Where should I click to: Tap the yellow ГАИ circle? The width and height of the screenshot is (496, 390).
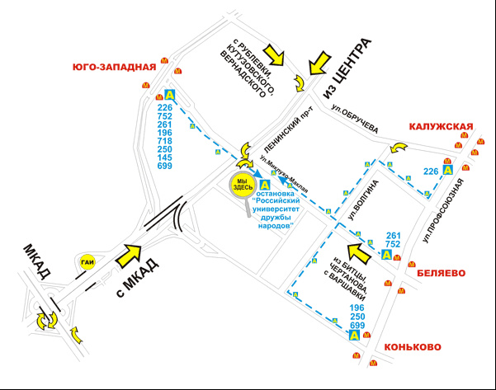click(x=87, y=262)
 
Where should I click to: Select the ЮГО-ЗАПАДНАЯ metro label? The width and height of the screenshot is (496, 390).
click(x=115, y=67)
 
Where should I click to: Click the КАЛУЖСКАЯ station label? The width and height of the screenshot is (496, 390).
click(x=441, y=126)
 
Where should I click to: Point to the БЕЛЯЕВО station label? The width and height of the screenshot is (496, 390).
click(x=442, y=273)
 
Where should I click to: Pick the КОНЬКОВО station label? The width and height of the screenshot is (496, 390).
click(x=413, y=346)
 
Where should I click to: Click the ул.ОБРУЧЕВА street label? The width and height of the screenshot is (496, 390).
click(x=355, y=120)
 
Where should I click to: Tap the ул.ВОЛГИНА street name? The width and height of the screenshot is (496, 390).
click(x=362, y=200)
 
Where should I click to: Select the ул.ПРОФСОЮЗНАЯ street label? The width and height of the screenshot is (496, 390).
click(x=443, y=211)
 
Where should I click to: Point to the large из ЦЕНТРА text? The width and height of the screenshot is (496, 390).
click(x=346, y=69)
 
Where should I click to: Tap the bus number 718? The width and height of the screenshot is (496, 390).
click(x=165, y=141)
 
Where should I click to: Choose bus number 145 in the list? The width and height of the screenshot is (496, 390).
click(x=165, y=157)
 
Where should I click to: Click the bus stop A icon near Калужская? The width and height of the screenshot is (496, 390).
click(x=447, y=170)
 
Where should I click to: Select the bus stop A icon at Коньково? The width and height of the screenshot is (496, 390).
click(x=354, y=335)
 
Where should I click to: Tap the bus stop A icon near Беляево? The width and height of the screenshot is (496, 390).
click(x=386, y=255)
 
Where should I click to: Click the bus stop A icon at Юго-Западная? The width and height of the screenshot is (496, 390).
click(x=170, y=95)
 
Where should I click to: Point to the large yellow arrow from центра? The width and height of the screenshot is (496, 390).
click(x=320, y=63)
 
